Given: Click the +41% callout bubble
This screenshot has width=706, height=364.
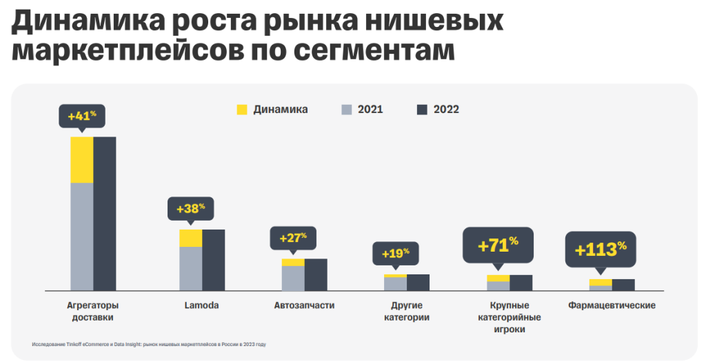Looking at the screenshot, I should (x=82, y=116).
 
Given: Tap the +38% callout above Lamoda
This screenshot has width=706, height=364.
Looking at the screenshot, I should (x=191, y=208).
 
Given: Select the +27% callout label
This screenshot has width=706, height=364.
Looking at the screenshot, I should (x=293, y=238).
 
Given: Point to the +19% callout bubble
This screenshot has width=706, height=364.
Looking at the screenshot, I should (x=396, y=252).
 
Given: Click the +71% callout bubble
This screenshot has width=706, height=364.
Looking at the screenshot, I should (x=498, y=245).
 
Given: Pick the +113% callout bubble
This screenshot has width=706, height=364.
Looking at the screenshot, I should (x=601, y=248).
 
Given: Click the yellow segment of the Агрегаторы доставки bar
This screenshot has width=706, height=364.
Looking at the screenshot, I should (x=82, y=160).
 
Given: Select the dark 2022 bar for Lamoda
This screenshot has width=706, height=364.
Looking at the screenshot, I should (x=214, y=260).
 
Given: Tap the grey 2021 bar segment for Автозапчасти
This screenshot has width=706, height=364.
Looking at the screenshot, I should (x=293, y=278).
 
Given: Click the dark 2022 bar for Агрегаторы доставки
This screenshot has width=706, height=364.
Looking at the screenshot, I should (x=105, y=214).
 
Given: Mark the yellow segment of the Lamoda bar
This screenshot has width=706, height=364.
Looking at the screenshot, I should (x=191, y=238).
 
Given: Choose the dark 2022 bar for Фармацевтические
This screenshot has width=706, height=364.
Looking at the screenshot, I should (x=623, y=285).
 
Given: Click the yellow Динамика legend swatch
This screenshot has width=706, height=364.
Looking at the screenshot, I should (x=242, y=110).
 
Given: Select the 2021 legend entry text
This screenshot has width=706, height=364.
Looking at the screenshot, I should (x=370, y=110).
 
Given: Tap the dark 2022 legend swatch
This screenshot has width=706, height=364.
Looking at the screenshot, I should (x=423, y=110).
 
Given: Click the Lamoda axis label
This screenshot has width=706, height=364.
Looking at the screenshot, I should (x=202, y=305).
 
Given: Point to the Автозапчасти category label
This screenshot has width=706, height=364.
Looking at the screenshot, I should (x=304, y=305).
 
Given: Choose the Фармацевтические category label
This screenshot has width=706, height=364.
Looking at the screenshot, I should (x=612, y=305).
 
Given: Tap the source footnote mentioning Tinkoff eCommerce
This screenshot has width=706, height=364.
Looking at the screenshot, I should (x=149, y=343).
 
